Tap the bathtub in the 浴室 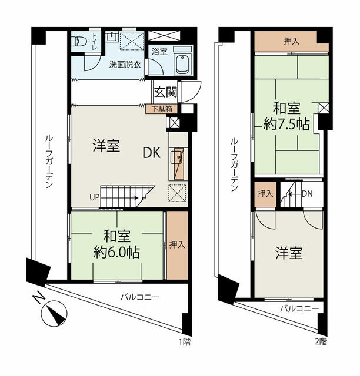point(184,64)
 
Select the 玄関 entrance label point(166,92)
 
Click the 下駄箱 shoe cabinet point(162,109)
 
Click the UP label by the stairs point(94,197)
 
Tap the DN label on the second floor point(307,193)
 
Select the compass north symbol point(54,313)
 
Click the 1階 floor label point(185,342)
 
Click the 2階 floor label point(321,341)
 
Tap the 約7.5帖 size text point(286,124)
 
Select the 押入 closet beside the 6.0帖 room point(177,245)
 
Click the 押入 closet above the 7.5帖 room point(291,41)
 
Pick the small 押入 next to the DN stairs point(265,193)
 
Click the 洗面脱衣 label point(125,64)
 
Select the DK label point(151,153)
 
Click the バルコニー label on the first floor point(140,297)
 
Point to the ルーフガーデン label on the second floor point(234,165)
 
